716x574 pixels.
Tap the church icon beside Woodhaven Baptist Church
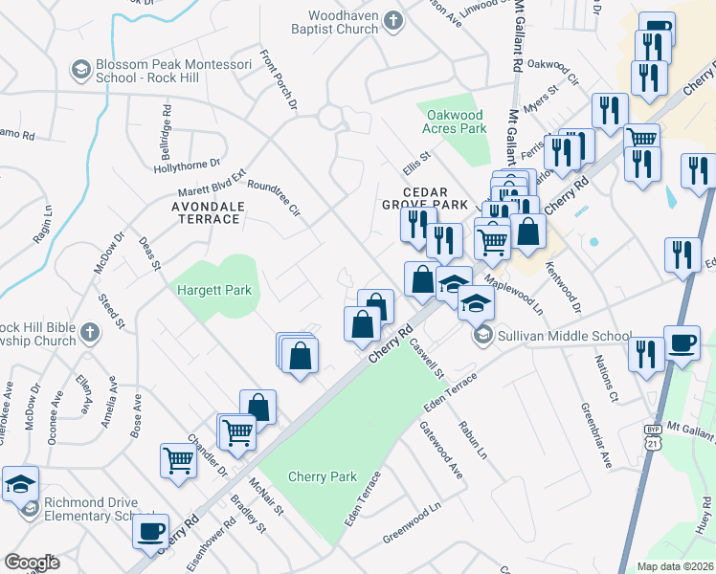coord(392,19)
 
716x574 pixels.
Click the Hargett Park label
coord(213,287)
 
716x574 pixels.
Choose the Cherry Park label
coord(323,476)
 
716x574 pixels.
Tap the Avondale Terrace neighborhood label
coord(205,212)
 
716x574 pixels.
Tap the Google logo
coord(32,563)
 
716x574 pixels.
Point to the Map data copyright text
coord(675,566)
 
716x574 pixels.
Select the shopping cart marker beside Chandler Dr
coord(179,460)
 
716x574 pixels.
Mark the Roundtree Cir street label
coord(274,198)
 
